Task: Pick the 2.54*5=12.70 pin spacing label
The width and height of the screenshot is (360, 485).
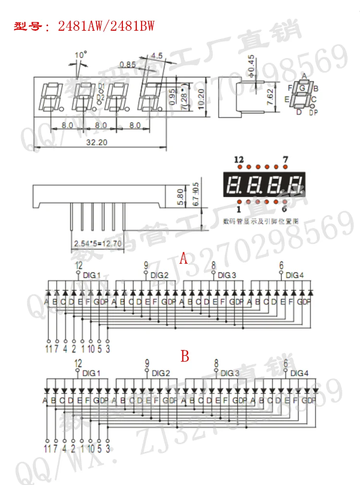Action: [97, 244]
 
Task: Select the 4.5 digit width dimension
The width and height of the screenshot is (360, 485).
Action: [157, 55]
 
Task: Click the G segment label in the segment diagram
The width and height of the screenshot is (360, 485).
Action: [302, 88]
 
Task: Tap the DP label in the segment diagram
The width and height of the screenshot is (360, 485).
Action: [313, 113]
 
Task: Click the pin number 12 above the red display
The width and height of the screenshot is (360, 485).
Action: [239, 159]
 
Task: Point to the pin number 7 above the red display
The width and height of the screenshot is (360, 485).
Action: [285, 159]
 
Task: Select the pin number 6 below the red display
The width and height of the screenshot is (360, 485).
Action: [285, 209]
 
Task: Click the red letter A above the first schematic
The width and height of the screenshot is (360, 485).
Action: [183, 259]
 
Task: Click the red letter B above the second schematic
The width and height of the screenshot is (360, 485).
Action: [185, 356]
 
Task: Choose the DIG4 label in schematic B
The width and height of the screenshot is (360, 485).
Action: [300, 373]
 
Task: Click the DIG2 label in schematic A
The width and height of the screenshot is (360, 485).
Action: [160, 276]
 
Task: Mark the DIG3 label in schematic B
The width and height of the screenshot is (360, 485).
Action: [229, 373]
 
